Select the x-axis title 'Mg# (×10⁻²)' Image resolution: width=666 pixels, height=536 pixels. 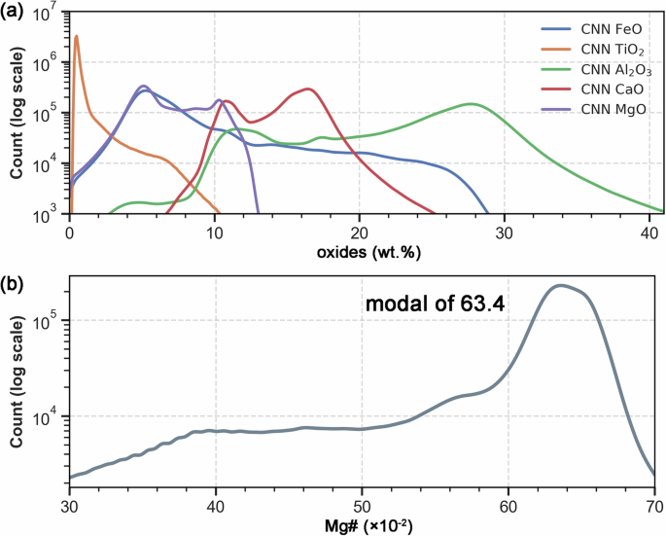tap(361, 526)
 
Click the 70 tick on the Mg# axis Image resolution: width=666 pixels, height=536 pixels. tap(654, 506)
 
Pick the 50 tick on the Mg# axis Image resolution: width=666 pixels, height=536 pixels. tap(362, 506)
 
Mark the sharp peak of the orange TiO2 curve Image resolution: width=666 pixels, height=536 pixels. tap(76, 37)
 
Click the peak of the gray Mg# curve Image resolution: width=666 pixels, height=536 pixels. tap(559, 285)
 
